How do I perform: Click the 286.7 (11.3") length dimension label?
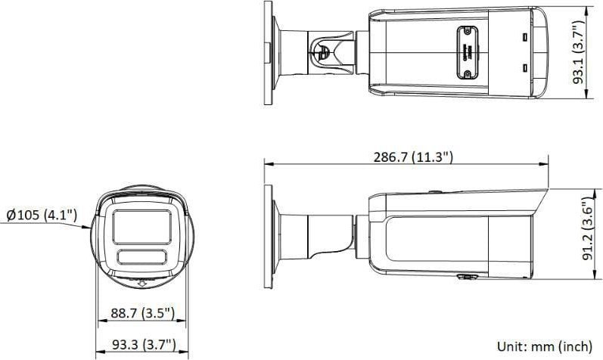(x=412, y=157)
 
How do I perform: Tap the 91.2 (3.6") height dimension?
(x=586, y=230)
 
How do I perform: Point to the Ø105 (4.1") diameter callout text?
(x=41, y=216)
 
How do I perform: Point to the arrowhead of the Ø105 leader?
(x=90, y=226)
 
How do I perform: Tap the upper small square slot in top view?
(x=524, y=36)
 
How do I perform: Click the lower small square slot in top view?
(x=524, y=68)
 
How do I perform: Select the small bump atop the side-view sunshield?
(x=437, y=191)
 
